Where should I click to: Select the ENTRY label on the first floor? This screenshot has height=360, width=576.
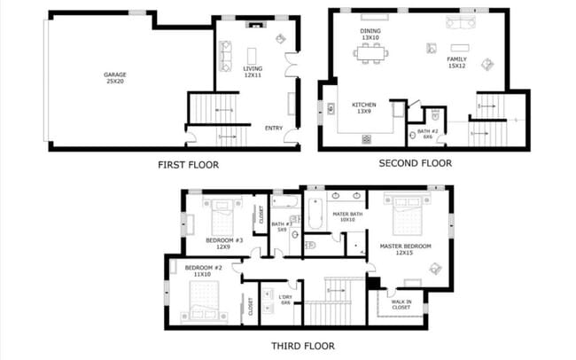point(274,128)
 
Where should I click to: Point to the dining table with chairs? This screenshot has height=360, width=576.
point(370,53)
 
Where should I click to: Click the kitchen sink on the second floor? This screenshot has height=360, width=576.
point(331,109)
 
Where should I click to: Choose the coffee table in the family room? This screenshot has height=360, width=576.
point(460,47)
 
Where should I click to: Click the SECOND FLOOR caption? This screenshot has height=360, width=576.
point(415,163)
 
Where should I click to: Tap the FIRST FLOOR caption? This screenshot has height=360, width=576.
point(188,164)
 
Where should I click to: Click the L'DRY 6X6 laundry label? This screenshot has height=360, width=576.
point(285,300)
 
